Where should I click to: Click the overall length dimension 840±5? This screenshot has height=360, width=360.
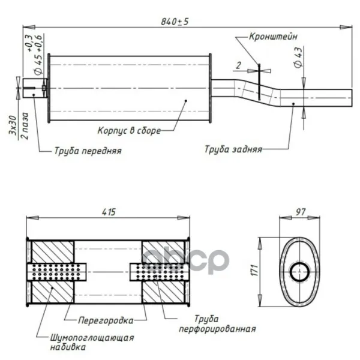(175, 22)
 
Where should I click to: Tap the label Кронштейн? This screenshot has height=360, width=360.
(273, 37)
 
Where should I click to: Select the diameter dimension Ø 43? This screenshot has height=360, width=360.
(298, 58)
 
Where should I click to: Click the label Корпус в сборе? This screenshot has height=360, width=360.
(129, 131)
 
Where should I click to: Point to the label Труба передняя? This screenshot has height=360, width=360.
(88, 151)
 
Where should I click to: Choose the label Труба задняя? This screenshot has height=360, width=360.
(233, 149)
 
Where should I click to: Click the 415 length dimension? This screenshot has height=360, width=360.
(109, 212)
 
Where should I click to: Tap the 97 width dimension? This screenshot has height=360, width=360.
(301, 212)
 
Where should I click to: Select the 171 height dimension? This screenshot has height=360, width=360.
(255, 270)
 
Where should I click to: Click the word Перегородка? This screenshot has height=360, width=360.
(106, 320)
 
